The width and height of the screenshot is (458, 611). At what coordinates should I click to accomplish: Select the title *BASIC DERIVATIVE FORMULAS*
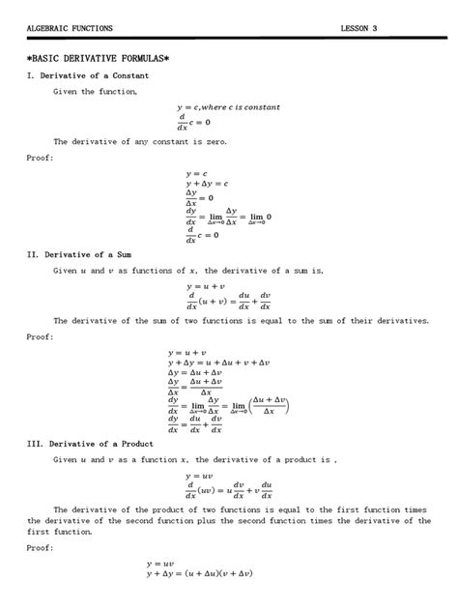click(98, 58)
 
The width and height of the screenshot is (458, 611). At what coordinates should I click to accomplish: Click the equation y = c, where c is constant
click(227, 106)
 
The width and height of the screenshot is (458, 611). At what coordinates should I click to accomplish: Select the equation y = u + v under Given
click(205, 287)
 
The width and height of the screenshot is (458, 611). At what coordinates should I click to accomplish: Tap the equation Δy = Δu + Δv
click(195, 373)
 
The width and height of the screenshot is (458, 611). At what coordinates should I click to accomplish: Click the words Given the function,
click(96, 91)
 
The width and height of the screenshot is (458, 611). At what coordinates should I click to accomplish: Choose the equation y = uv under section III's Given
click(198, 476)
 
